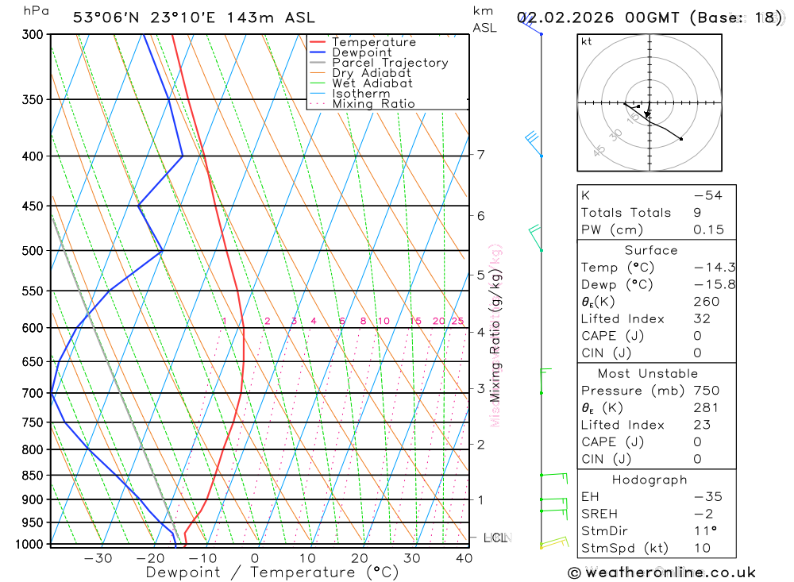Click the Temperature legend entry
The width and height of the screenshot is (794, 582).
click(x=373, y=42)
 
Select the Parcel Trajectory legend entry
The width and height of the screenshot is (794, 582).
click(x=390, y=63)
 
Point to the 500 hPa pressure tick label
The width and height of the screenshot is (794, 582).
click(x=32, y=251)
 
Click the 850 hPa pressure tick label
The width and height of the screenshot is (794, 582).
click(x=32, y=476)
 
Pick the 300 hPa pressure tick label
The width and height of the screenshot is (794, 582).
click(x=32, y=35)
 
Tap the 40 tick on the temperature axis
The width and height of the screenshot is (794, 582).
click(x=464, y=558)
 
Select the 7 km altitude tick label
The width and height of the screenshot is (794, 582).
click(x=481, y=155)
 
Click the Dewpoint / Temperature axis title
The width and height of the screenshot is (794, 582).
click(x=272, y=572)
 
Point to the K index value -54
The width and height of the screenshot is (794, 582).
click(x=707, y=195)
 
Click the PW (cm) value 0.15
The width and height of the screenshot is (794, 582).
click(x=707, y=229)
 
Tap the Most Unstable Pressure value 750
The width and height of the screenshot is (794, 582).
click(x=707, y=391)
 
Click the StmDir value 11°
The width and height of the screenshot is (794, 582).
click(x=704, y=531)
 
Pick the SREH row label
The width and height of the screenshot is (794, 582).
click(x=599, y=514)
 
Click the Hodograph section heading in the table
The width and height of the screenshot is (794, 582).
click(x=649, y=480)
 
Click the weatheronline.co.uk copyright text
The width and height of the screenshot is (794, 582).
click(x=662, y=572)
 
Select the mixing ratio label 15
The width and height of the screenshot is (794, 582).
click(x=415, y=321)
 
